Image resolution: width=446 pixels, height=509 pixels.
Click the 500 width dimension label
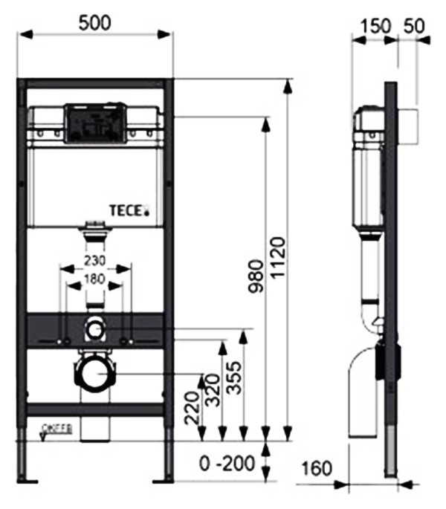pyautogui.click(x=94, y=22)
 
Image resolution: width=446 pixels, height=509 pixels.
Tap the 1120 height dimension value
pyautogui.click(x=276, y=258)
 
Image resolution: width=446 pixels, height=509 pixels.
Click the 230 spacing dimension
pyautogui.click(x=95, y=262)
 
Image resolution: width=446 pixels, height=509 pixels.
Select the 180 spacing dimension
pyautogui.click(x=95, y=279)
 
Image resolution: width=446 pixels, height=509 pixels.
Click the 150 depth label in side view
pyautogui.click(x=374, y=25)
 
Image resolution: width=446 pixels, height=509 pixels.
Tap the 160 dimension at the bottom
pyautogui.click(x=317, y=470)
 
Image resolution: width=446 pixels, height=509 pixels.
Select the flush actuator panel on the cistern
pyautogui.click(x=92, y=123)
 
